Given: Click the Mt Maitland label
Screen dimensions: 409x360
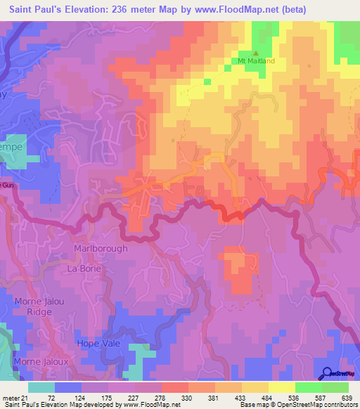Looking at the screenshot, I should (x=255, y=61).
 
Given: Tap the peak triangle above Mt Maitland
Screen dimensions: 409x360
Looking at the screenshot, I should (x=255, y=53).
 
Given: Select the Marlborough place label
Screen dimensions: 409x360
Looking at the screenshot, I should (x=101, y=249).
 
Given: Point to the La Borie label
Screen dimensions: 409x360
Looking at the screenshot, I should (x=84, y=269).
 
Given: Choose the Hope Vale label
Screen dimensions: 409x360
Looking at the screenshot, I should (x=98, y=344).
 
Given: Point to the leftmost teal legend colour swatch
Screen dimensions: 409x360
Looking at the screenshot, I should (x=41, y=387).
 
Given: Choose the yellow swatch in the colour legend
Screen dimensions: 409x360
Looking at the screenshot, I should (x=282, y=387).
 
